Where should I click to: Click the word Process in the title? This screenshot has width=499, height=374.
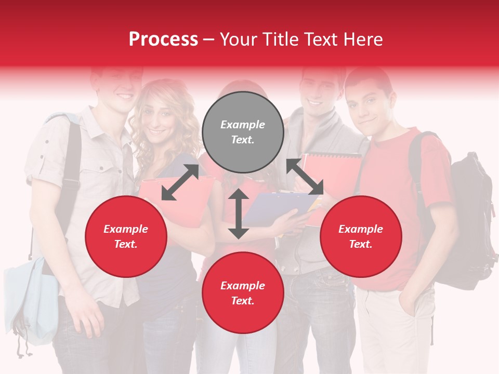click(163, 39)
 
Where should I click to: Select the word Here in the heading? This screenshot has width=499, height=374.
click(362, 39)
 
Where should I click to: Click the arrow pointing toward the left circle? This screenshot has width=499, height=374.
click(180, 182)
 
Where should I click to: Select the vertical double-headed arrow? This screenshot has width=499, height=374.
click(239, 213)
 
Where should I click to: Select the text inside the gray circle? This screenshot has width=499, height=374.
click(243, 132)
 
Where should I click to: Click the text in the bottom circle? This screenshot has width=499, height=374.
click(243, 293)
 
